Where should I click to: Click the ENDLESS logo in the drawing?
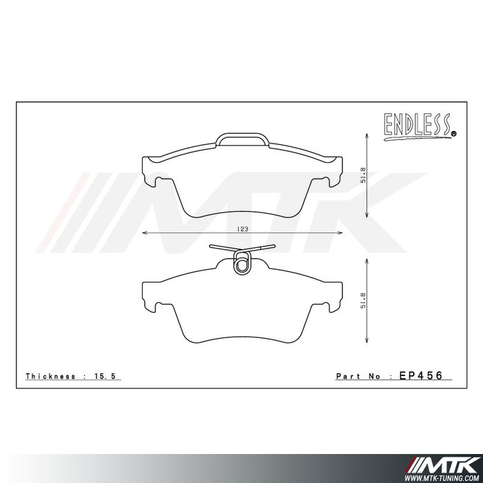coord(417,126)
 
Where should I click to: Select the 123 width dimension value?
coord(241,228)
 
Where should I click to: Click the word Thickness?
coord(52,377)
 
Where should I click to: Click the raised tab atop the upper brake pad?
coord(242,139)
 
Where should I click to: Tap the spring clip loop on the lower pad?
coord(242,263)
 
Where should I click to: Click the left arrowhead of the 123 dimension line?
coord(144,234)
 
